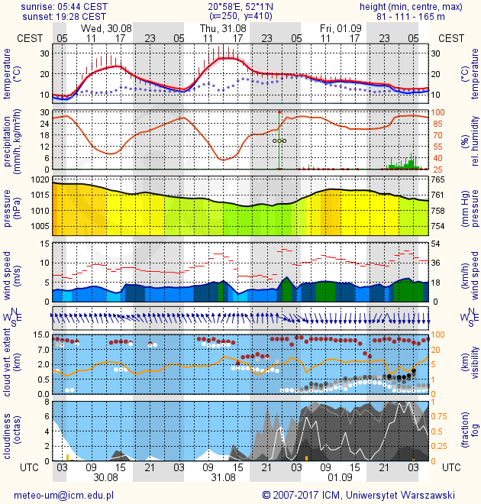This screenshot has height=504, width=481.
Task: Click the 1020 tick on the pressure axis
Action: pos(40,179)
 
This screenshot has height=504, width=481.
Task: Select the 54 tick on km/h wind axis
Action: pos(437,244)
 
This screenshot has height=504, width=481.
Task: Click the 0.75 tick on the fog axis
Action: pos(442,416)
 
